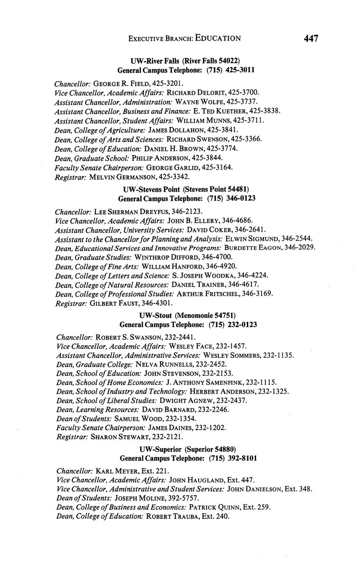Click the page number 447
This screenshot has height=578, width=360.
click(x=311, y=39)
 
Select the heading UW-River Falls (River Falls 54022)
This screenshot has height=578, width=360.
click(x=185, y=61)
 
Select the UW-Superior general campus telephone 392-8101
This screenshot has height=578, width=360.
click(x=241, y=458)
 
